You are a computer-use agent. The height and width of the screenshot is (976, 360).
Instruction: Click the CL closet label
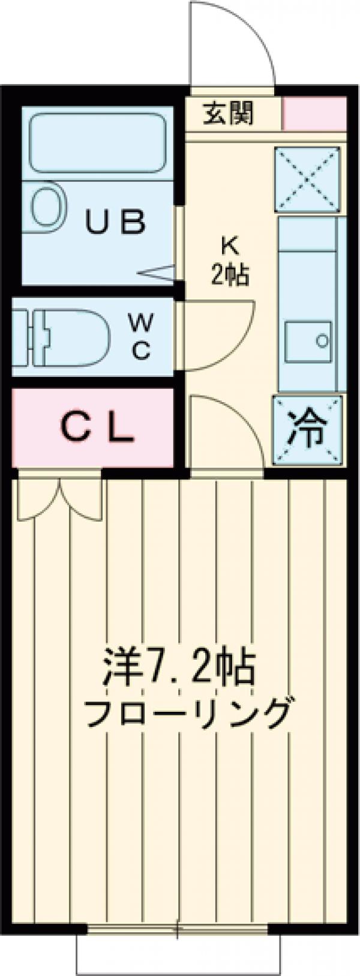click(x=96, y=427)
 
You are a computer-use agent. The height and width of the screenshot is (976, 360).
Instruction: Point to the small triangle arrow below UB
click(x=158, y=271)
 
